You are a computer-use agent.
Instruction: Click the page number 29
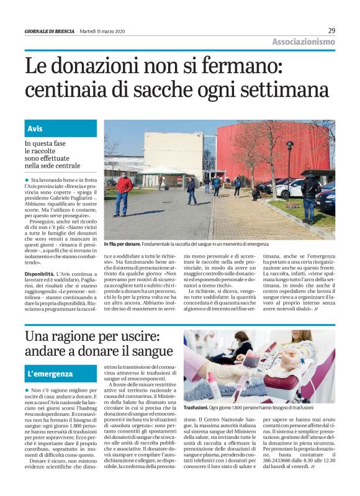(x=331, y=30)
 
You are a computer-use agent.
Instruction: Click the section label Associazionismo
(x=304, y=42)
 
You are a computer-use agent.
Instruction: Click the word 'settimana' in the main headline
(x=286, y=90)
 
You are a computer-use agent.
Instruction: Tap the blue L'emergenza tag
(x=52, y=374)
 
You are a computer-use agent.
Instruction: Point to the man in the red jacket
(x=123, y=192)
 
